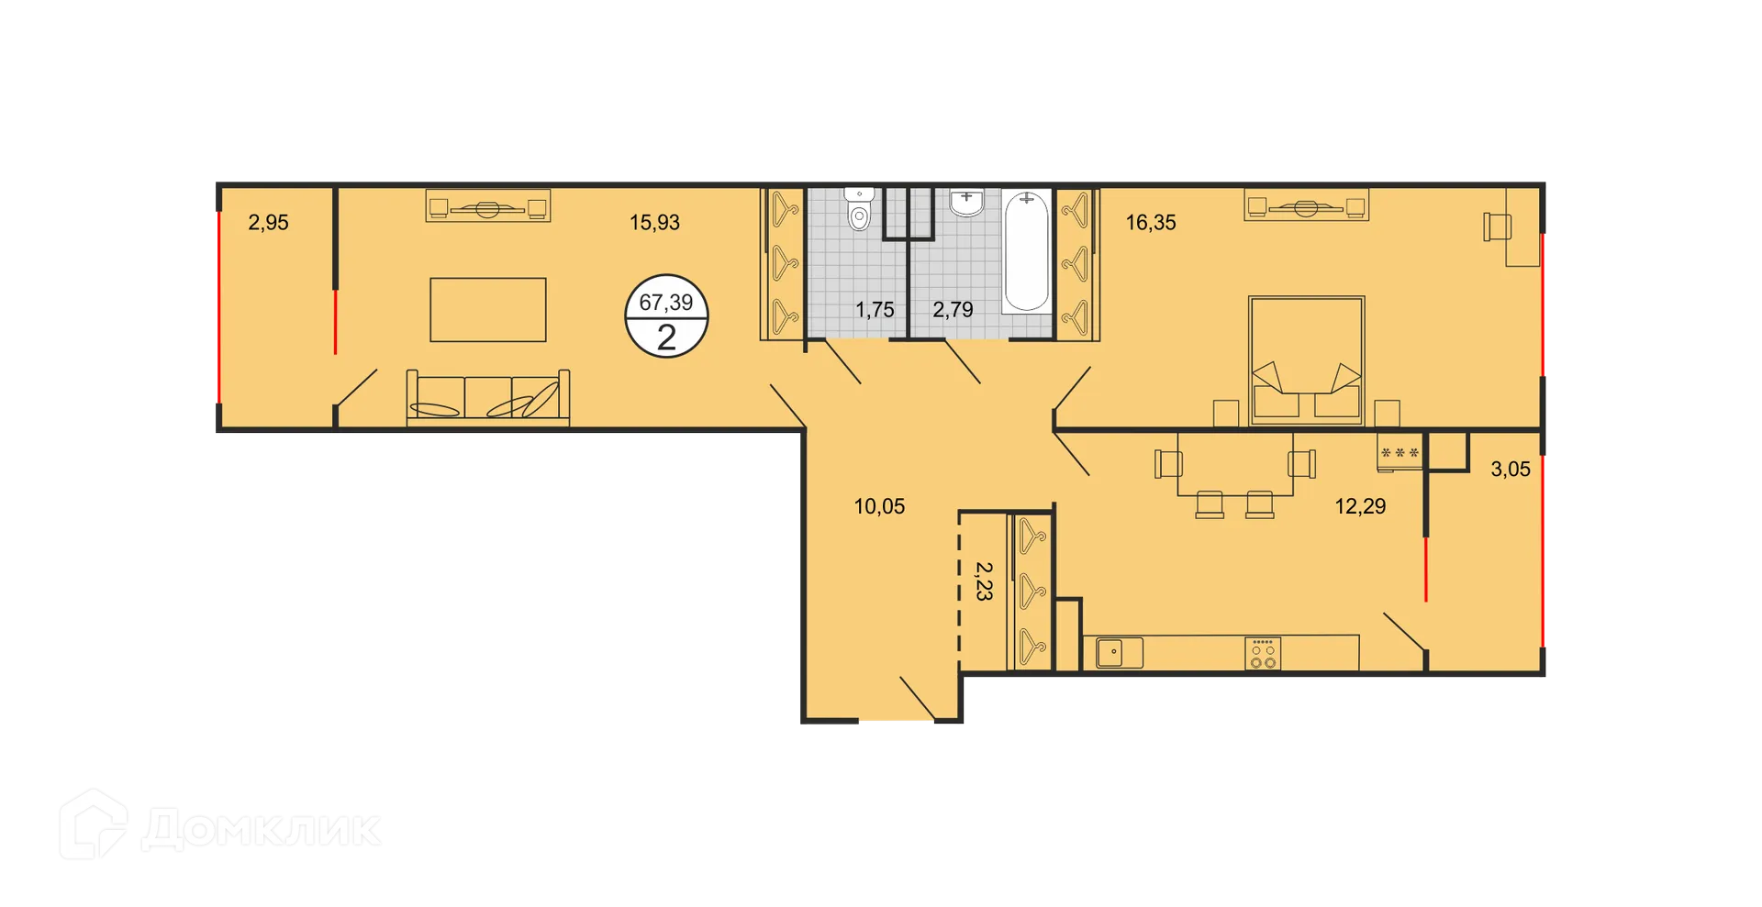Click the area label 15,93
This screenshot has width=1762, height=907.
654,222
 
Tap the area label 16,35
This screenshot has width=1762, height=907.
1151,222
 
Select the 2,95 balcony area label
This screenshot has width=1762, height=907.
268,222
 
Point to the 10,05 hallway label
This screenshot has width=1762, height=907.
879,506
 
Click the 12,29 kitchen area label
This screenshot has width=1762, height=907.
1360,506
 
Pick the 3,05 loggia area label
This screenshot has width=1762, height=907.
1511,470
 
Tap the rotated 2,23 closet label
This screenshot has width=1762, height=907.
983,581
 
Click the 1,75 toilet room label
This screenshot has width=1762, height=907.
875,310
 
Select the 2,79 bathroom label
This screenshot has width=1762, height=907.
953,310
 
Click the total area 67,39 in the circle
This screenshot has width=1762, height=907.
666,302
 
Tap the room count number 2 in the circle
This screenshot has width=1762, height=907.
666,337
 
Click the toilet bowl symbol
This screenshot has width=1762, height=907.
859,211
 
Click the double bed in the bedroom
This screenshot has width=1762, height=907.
1306,360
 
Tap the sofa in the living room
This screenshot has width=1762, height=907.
487,398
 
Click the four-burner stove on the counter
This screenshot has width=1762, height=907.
1263,653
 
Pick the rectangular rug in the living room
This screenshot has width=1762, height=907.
487,310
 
